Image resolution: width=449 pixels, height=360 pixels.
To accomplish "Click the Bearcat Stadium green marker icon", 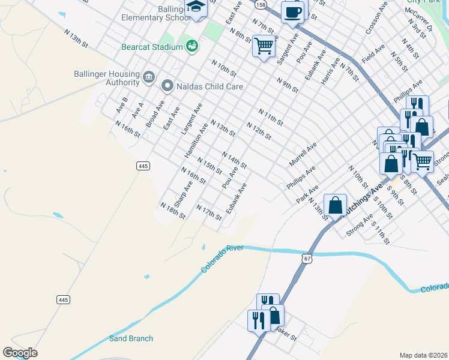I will point(192,46).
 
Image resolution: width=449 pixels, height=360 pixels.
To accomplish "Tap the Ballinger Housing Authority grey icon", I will point(149,78).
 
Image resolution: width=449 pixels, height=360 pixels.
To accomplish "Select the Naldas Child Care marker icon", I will point(167,86).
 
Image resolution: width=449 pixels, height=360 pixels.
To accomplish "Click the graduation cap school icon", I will point(196,7).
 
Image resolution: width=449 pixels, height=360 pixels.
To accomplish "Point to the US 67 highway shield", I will point(307,258).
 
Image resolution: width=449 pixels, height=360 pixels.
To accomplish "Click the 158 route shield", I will point(260,4).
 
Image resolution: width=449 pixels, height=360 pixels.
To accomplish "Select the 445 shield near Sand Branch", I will point(64,299).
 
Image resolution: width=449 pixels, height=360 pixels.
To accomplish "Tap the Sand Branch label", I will point(131,338).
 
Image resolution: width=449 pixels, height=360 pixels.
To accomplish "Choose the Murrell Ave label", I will point(302,155).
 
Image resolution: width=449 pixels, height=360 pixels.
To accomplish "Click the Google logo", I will point(20,353).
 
